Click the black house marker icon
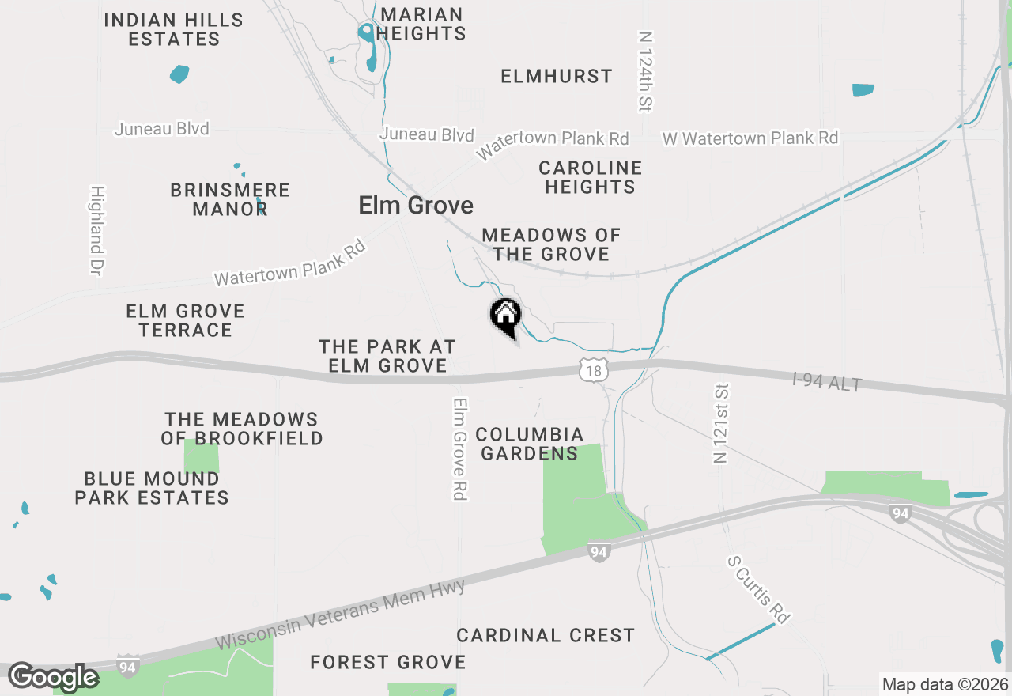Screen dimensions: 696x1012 (506, 316)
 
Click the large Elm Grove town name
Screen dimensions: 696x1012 (416, 206)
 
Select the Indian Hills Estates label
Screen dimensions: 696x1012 (174, 29)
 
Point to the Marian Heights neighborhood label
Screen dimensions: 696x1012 (421, 24)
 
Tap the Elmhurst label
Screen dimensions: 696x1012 (557, 76)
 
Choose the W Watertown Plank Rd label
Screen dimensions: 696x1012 (750, 138)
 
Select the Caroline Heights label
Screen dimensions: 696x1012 (590, 177)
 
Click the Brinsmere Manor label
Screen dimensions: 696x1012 (230, 199)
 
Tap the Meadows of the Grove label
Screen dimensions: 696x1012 (551, 244)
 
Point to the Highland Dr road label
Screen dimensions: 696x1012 (97, 231)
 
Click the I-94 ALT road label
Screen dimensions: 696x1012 (827, 382)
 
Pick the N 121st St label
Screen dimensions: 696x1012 (721, 424)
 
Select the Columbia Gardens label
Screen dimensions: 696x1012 (530, 444)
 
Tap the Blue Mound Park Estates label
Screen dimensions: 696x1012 (152, 488)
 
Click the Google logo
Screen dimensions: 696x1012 (53, 677)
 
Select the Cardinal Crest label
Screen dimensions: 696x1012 (546, 635)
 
